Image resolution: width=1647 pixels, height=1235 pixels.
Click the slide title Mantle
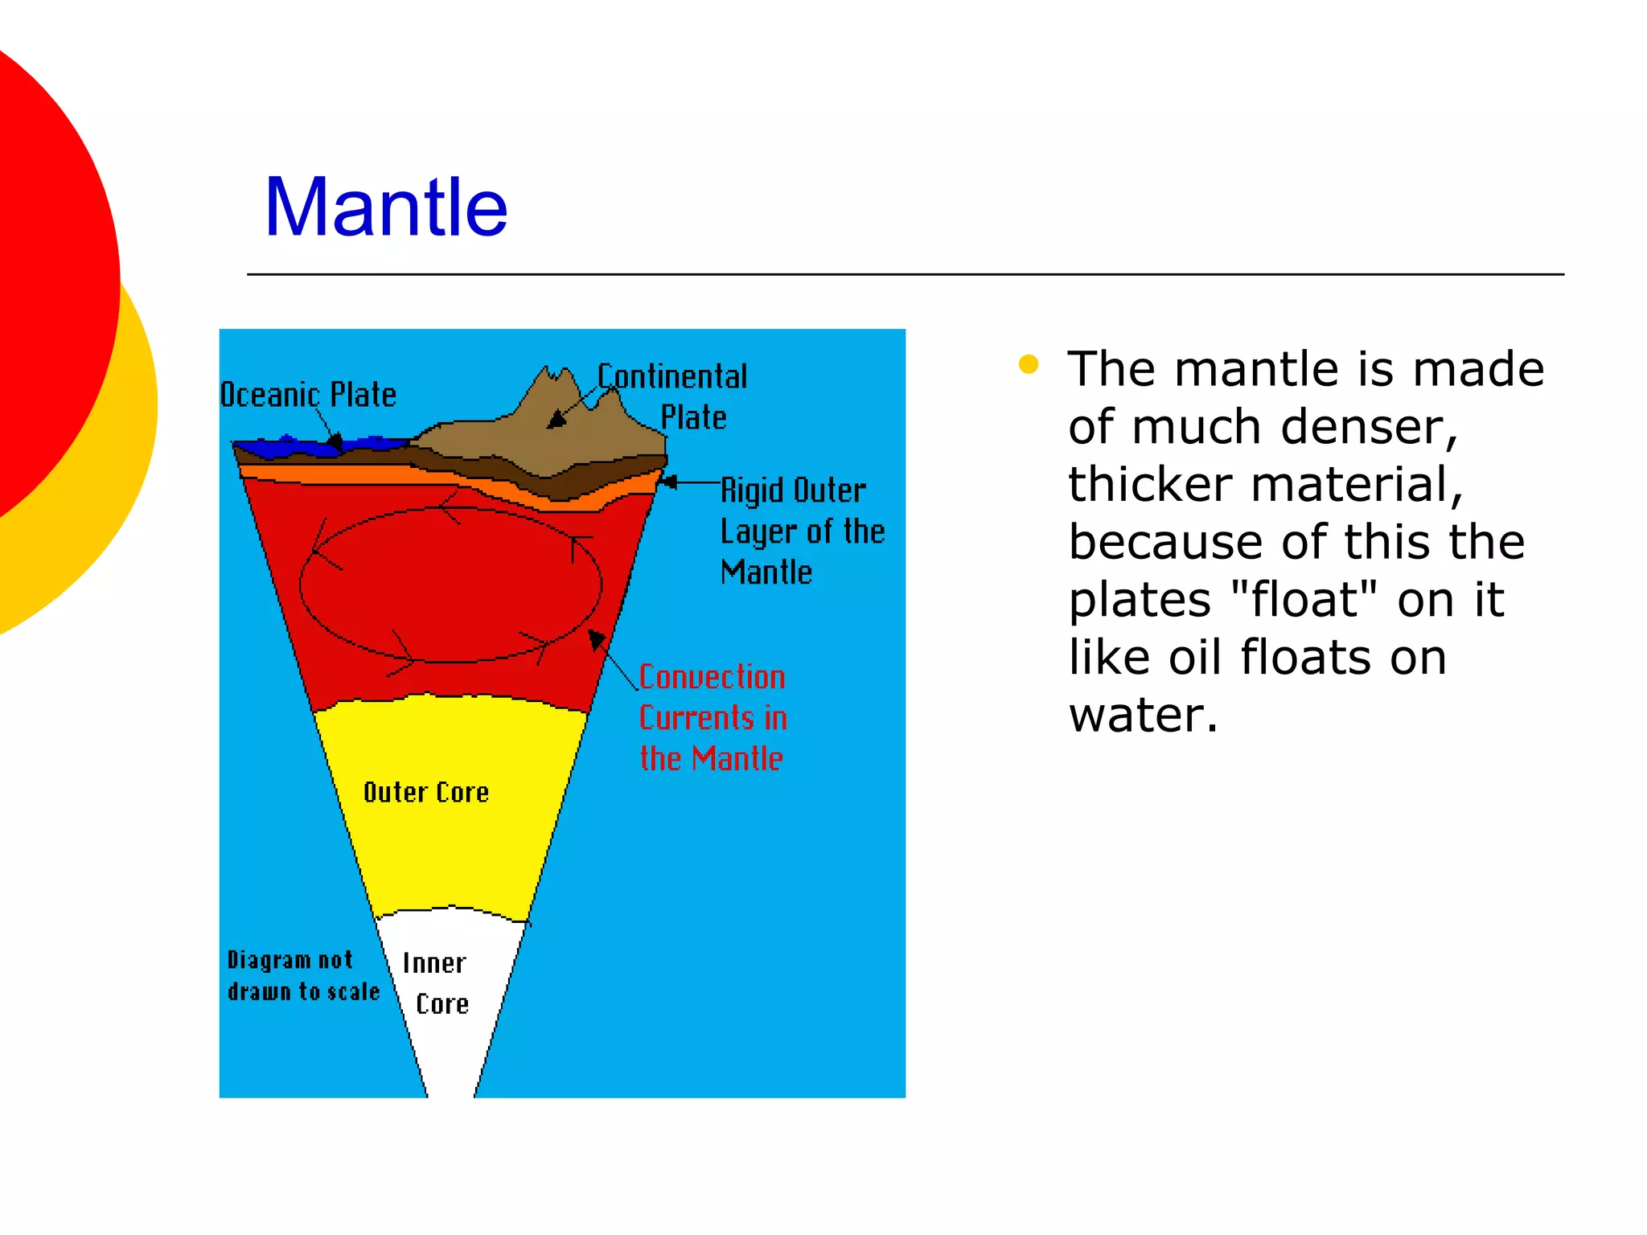(x=386, y=207)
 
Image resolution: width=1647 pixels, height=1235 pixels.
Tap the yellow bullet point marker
(x=1028, y=365)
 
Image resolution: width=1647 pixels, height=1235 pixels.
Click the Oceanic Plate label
(x=309, y=395)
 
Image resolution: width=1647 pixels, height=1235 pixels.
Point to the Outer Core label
(x=426, y=793)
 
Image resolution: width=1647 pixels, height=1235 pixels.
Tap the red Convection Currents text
(x=713, y=717)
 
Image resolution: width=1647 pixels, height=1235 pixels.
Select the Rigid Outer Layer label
(x=801, y=531)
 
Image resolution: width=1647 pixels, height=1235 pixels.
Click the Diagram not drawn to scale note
(x=302, y=975)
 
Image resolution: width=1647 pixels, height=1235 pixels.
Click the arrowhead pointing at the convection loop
(x=597, y=640)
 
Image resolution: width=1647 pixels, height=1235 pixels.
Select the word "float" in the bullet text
(x=1303, y=599)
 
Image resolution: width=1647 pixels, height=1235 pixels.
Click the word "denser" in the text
(x=1369, y=426)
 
